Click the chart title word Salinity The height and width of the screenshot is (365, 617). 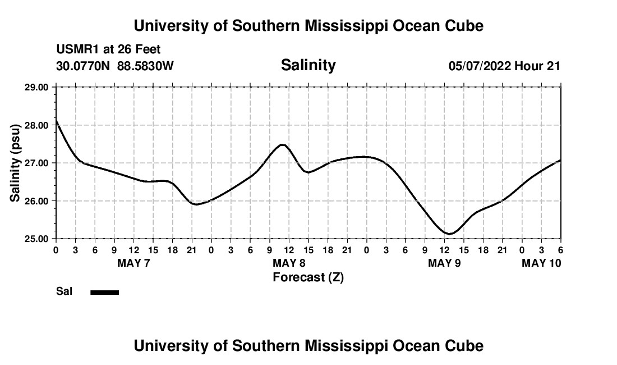click(308, 65)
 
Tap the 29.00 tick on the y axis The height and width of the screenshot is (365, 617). click(37, 87)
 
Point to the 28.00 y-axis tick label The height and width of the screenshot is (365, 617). click(37, 125)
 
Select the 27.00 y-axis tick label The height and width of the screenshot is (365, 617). click(37, 163)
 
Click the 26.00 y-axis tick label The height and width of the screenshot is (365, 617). click(37, 201)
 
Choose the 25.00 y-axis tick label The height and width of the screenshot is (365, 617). click(37, 239)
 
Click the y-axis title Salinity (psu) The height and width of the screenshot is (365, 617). click(16, 163)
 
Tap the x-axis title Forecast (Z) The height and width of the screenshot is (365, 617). click(308, 277)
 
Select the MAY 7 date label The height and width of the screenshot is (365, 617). click(133, 263)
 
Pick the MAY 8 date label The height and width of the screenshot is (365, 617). click(289, 263)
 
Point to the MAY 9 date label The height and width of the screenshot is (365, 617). click(444, 263)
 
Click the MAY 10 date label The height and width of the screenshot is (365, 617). click(541, 263)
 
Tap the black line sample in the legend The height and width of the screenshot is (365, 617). click(104, 292)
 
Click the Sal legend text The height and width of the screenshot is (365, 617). click(64, 291)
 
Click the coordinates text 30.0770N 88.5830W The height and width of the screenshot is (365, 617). click(115, 66)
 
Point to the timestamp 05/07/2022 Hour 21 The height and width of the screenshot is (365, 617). click(504, 66)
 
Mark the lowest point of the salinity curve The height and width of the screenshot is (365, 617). click(449, 234)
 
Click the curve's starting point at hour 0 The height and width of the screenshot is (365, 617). click(56, 120)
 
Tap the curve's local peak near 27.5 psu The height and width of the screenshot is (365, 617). click(283, 145)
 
